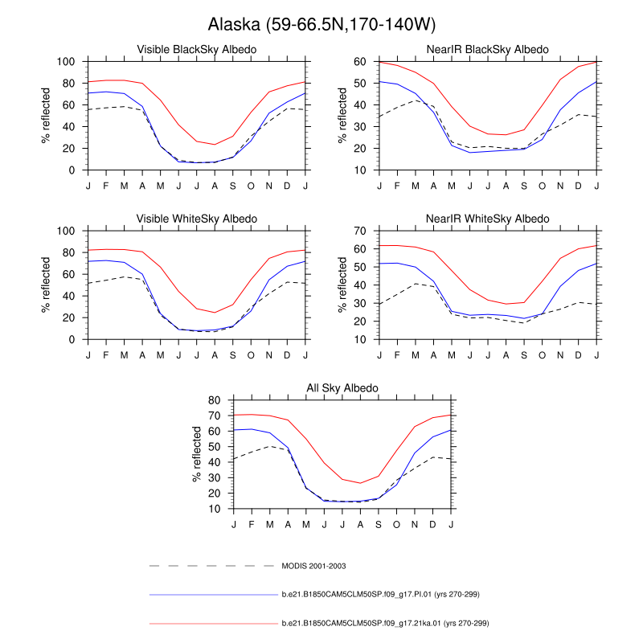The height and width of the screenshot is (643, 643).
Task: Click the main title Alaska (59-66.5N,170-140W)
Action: [321, 23]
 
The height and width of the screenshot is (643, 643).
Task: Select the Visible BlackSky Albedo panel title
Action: [197, 50]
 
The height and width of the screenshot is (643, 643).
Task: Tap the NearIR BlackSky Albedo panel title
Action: [488, 50]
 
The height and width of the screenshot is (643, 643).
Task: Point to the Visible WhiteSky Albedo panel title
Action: [197, 219]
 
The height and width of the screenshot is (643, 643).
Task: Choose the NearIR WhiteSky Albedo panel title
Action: [488, 219]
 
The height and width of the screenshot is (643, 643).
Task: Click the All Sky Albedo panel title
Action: [342, 388]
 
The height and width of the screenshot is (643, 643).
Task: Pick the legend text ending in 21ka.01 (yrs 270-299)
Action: [385, 622]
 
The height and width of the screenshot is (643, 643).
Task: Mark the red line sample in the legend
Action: [213, 623]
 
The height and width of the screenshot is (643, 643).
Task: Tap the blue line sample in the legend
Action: [213, 595]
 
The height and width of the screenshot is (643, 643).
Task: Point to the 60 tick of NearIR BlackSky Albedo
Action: [362, 62]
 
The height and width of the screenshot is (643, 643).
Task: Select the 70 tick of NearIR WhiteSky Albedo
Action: [362, 231]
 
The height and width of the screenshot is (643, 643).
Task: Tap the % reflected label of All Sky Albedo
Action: [198, 454]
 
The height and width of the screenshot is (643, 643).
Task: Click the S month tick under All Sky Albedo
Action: [379, 525]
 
